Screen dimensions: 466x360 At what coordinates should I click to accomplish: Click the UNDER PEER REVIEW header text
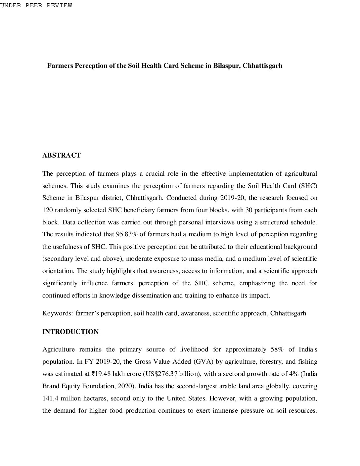[36, 5]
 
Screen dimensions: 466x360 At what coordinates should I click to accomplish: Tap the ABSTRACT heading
[62, 156]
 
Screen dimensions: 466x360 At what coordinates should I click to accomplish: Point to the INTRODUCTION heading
[70, 332]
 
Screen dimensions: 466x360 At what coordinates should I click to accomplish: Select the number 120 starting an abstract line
[47, 210]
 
